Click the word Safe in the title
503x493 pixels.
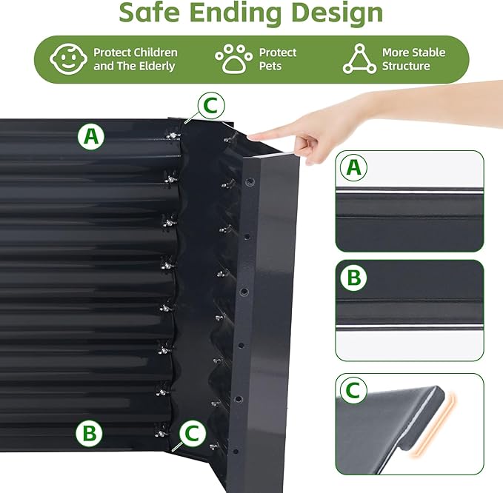(152, 13)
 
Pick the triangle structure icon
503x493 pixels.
(359, 59)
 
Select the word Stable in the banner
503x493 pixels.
(427, 53)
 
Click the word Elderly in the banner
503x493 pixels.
(156, 66)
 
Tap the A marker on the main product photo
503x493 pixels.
(90, 136)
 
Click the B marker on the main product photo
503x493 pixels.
(88, 432)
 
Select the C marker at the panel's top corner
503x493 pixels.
(210, 107)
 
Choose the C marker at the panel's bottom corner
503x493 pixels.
(193, 433)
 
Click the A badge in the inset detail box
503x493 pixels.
(354, 168)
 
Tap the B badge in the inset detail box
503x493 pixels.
(354, 278)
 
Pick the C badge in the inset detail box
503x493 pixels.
(354, 390)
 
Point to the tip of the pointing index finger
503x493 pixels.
(253, 136)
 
